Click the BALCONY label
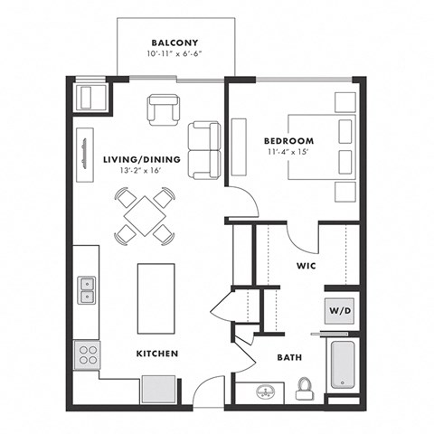pos(175,42)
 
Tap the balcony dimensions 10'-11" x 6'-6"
pos(175,55)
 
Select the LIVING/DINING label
pos(141,159)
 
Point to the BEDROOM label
pos(288,141)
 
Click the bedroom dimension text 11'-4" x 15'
pos(288,154)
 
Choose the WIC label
pos(306,267)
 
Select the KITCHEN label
pos(157,353)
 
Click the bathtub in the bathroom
pos(343,365)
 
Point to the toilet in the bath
pos(305,389)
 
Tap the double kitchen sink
pos(87,289)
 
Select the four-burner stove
pos(88,353)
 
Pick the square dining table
pos(144,215)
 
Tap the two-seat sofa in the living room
pos(203,149)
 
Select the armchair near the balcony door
pos(164,109)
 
